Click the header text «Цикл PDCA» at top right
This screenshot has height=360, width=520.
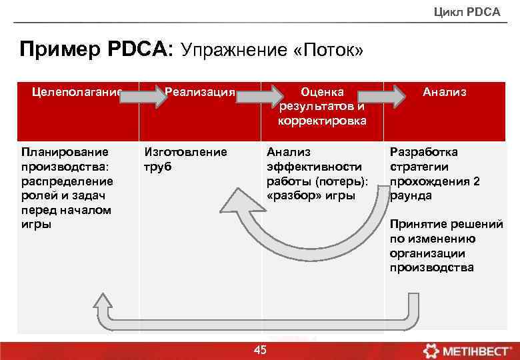point(467,11)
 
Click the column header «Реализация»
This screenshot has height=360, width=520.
point(200,92)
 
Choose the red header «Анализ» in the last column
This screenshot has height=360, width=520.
point(445,92)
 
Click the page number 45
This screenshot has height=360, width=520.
point(260,351)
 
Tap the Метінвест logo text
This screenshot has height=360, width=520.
point(477,350)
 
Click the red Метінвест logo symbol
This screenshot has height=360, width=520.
point(431,350)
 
